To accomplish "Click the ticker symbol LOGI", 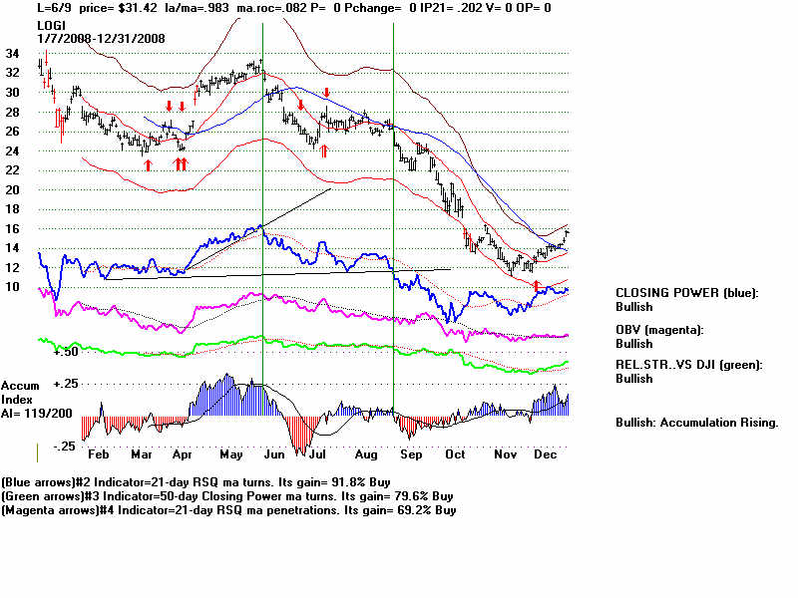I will click(x=53, y=23).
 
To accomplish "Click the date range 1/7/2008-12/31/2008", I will click(x=102, y=38).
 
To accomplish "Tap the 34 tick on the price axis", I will click(x=12, y=54).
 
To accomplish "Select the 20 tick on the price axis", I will click(x=12, y=189).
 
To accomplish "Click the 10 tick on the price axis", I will click(x=12, y=287).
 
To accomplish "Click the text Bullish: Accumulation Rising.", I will click(x=696, y=423).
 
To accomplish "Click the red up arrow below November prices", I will click(x=537, y=286).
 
